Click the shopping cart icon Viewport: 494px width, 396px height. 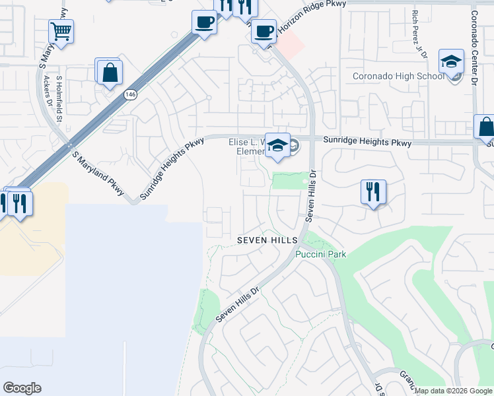tap(61, 30)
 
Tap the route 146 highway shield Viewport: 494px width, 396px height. tap(129, 95)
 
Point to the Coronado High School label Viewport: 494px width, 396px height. tap(398, 76)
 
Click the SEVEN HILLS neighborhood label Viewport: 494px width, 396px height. tap(267, 242)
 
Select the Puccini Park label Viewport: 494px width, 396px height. tap(321, 254)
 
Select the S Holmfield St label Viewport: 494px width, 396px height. tap(59, 100)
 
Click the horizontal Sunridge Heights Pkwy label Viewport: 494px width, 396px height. tap(367, 143)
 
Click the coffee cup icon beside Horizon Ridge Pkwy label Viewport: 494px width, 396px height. tap(264, 30)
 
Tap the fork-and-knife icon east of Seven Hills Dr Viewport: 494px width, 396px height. tap(373, 192)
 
